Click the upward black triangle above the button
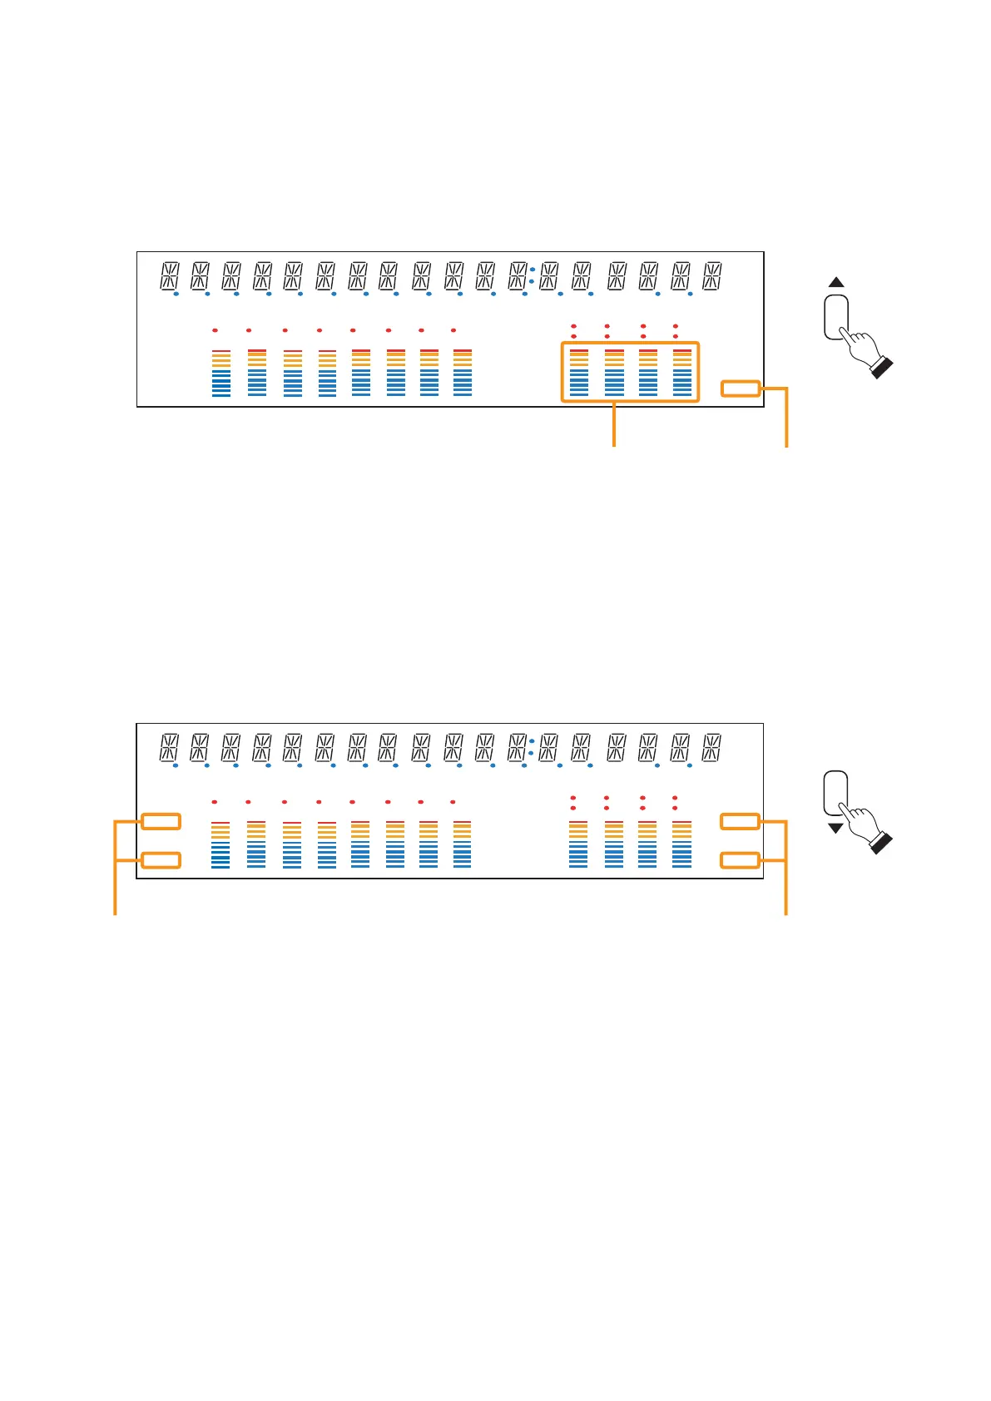(x=836, y=283)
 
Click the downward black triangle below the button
(x=836, y=828)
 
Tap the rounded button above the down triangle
(x=835, y=792)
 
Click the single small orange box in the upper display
(x=741, y=389)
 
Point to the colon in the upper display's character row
(x=532, y=276)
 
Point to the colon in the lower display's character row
(x=532, y=747)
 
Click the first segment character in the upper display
(x=169, y=276)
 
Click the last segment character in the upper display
(x=712, y=276)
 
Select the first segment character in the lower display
(x=169, y=747)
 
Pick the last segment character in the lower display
(x=712, y=747)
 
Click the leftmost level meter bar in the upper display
(x=221, y=373)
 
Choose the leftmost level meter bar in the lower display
(x=220, y=845)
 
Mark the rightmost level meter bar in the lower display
(x=682, y=845)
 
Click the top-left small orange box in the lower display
(x=161, y=821)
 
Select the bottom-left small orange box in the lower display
(x=161, y=859)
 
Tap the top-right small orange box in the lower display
(x=740, y=821)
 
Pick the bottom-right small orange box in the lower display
(x=740, y=859)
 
